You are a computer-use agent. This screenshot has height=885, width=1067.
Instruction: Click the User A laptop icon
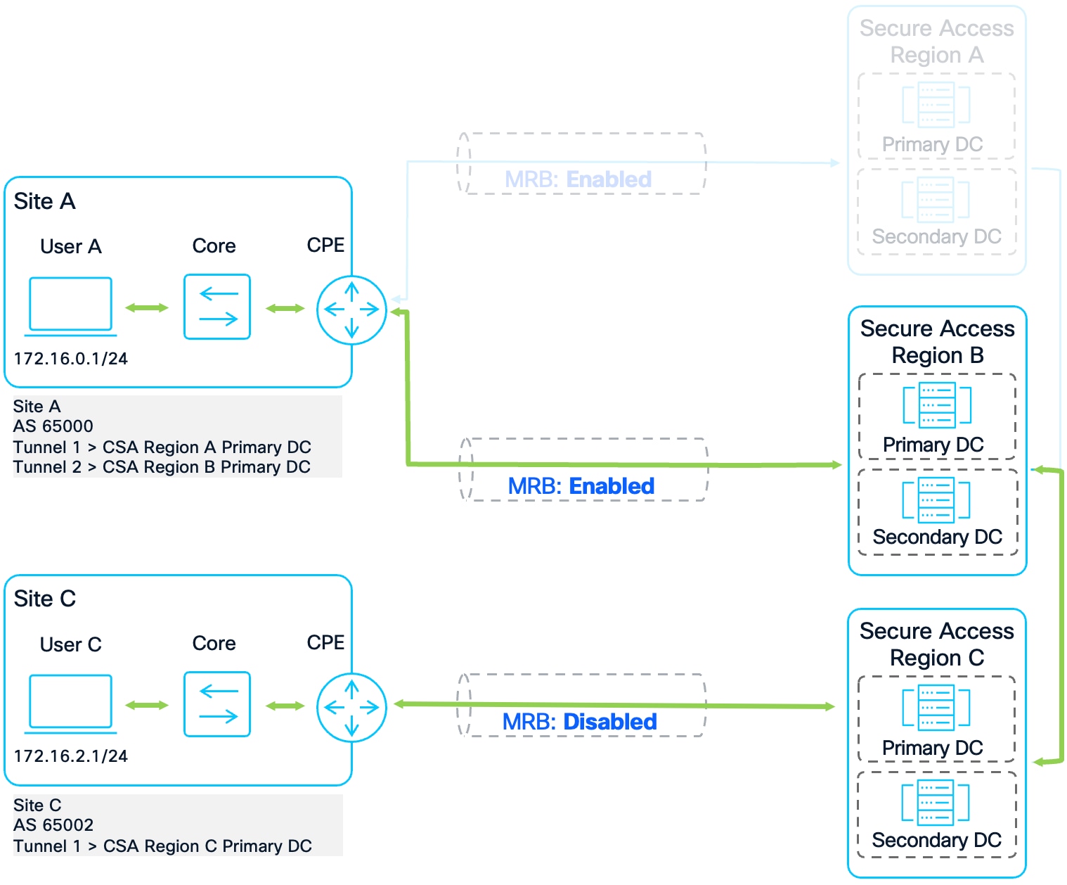[x=70, y=305]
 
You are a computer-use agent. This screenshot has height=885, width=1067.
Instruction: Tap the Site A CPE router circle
[x=351, y=310]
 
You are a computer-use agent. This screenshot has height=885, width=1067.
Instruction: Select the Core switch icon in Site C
[x=217, y=704]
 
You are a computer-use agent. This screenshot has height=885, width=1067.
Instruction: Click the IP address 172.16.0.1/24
[x=71, y=359]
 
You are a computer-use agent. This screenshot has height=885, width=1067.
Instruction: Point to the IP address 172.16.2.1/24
[x=71, y=756]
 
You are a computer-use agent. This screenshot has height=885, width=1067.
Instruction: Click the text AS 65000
[x=53, y=426]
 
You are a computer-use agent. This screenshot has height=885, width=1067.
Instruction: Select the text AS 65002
[x=53, y=824]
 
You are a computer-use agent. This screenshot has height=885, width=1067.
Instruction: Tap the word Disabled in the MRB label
[x=610, y=722]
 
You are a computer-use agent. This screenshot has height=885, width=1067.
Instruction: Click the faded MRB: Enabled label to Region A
[x=578, y=179]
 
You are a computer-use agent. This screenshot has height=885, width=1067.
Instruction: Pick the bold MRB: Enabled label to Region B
[x=581, y=486]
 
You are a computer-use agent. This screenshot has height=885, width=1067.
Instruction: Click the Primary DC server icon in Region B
[x=937, y=405]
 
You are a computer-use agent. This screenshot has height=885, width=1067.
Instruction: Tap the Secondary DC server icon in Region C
[x=936, y=802]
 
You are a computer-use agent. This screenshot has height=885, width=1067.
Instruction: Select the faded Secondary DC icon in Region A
[x=936, y=199]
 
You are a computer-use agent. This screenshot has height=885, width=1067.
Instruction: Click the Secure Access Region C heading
[x=937, y=644]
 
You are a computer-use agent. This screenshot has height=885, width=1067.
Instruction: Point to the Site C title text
[x=45, y=599]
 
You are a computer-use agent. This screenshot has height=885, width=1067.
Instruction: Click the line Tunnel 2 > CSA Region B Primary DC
[x=162, y=467]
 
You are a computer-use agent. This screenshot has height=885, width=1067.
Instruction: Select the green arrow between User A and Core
[x=147, y=307]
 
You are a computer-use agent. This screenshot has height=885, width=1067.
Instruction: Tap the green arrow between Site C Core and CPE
[x=285, y=706]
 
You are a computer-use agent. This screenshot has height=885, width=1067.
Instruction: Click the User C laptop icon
[x=70, y=703]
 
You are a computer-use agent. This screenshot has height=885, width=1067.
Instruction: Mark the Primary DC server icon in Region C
[x=936, y=707]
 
